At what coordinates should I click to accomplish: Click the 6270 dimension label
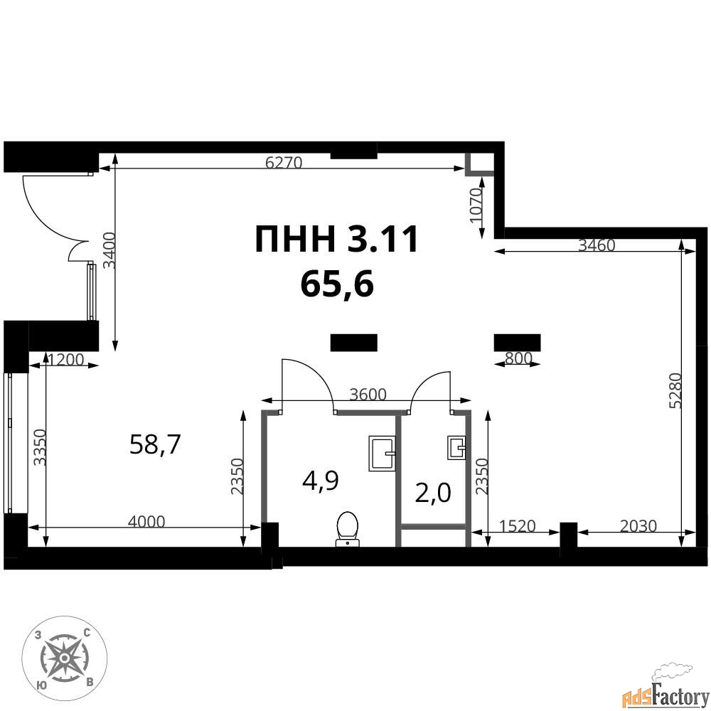pyautogui.click(x=284, y=163)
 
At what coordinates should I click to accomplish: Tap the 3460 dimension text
pyautogui.click(x=597, y=245)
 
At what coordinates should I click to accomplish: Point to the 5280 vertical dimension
pyautogui.click(x=675, y=390)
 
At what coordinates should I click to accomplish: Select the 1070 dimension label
pyautogui.click(x=476, y=206)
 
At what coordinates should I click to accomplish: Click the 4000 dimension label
pyautogui.click(x=146, y=522)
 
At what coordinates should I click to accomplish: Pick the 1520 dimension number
pyautogui.click(x=518, y=526)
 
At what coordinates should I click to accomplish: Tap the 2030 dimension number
pyautogui.click(x=638, y=526)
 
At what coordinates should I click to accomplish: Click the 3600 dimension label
pyautogui.click(x=368, y=395)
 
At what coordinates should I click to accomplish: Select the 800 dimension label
pyautogui.click(x=518, y=358)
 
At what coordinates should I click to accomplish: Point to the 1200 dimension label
pyautogui.click(x=65, y=360)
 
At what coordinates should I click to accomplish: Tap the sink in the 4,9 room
pyautogui.click(x=382, y=454)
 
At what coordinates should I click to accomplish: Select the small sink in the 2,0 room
pyautogui.click(x=456, y=448)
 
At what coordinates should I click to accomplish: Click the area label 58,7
pyautogui.click(x=155, y=444)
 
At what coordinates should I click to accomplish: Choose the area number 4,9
pyautogui.click(x=321, y=481)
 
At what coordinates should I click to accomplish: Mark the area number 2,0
pyautogui.click(x=433, y=493)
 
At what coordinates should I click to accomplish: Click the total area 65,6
pyautogui.click(x=337, y=285)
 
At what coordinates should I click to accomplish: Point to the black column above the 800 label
pyautogui.click(x=517, y=343)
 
